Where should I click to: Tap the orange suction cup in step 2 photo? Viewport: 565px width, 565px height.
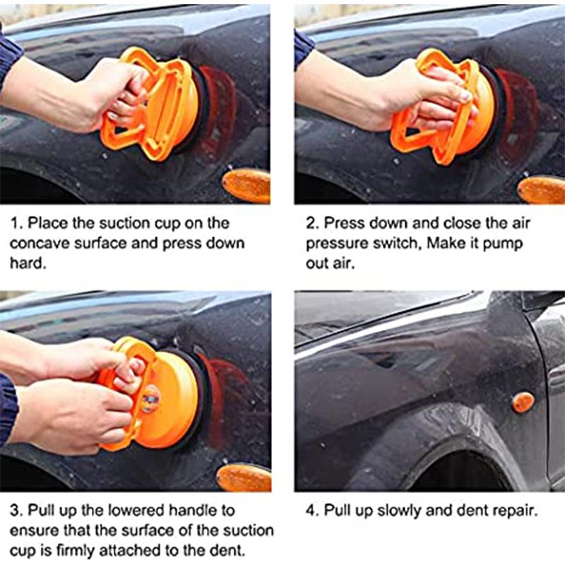pos(452,106)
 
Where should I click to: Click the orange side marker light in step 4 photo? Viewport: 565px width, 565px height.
pos(523,402)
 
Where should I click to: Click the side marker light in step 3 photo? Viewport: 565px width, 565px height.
pos(244,477)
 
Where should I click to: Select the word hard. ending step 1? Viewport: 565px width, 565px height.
pos(29,263)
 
